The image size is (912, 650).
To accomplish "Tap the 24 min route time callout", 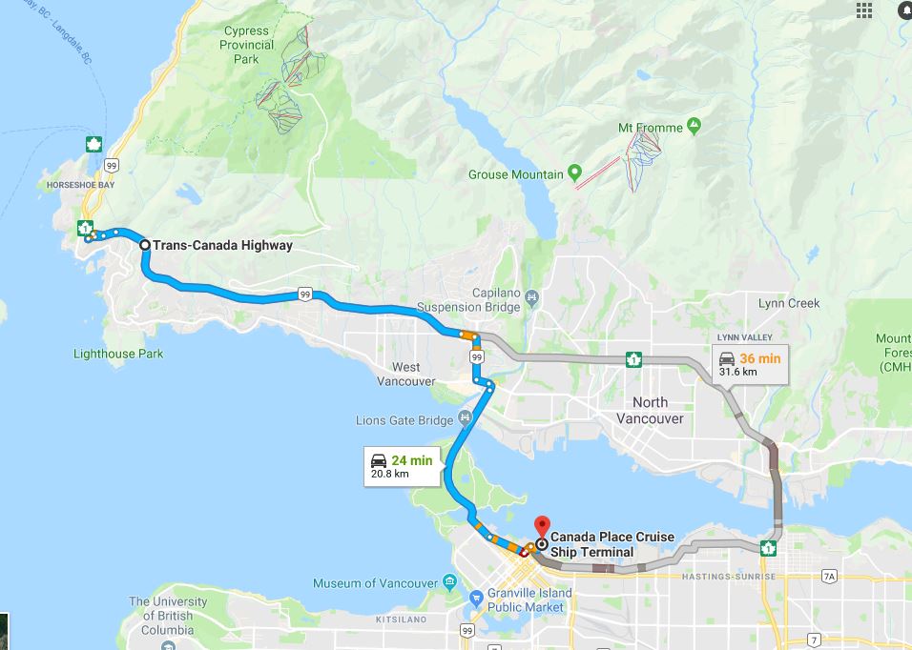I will tap(402, 466).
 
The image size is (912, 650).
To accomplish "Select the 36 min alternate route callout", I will tap(750, 363).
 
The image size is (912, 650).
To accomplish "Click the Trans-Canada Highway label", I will tap(222, 245).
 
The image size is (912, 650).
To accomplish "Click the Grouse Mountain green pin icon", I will tap(574, 173).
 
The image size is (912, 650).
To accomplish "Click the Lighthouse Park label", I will tap(118, 354).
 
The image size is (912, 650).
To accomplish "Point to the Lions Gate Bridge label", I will tap(404, 420).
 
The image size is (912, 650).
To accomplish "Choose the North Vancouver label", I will tap(651, 410).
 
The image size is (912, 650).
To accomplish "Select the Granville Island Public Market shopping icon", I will tap(475, 599).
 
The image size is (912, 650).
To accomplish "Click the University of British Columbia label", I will tap(168, 616).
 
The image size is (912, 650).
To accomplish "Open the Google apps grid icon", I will tap(864, 10).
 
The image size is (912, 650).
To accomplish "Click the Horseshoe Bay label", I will tap(79, 184).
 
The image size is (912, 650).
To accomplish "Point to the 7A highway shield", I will tap(829, 576).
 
